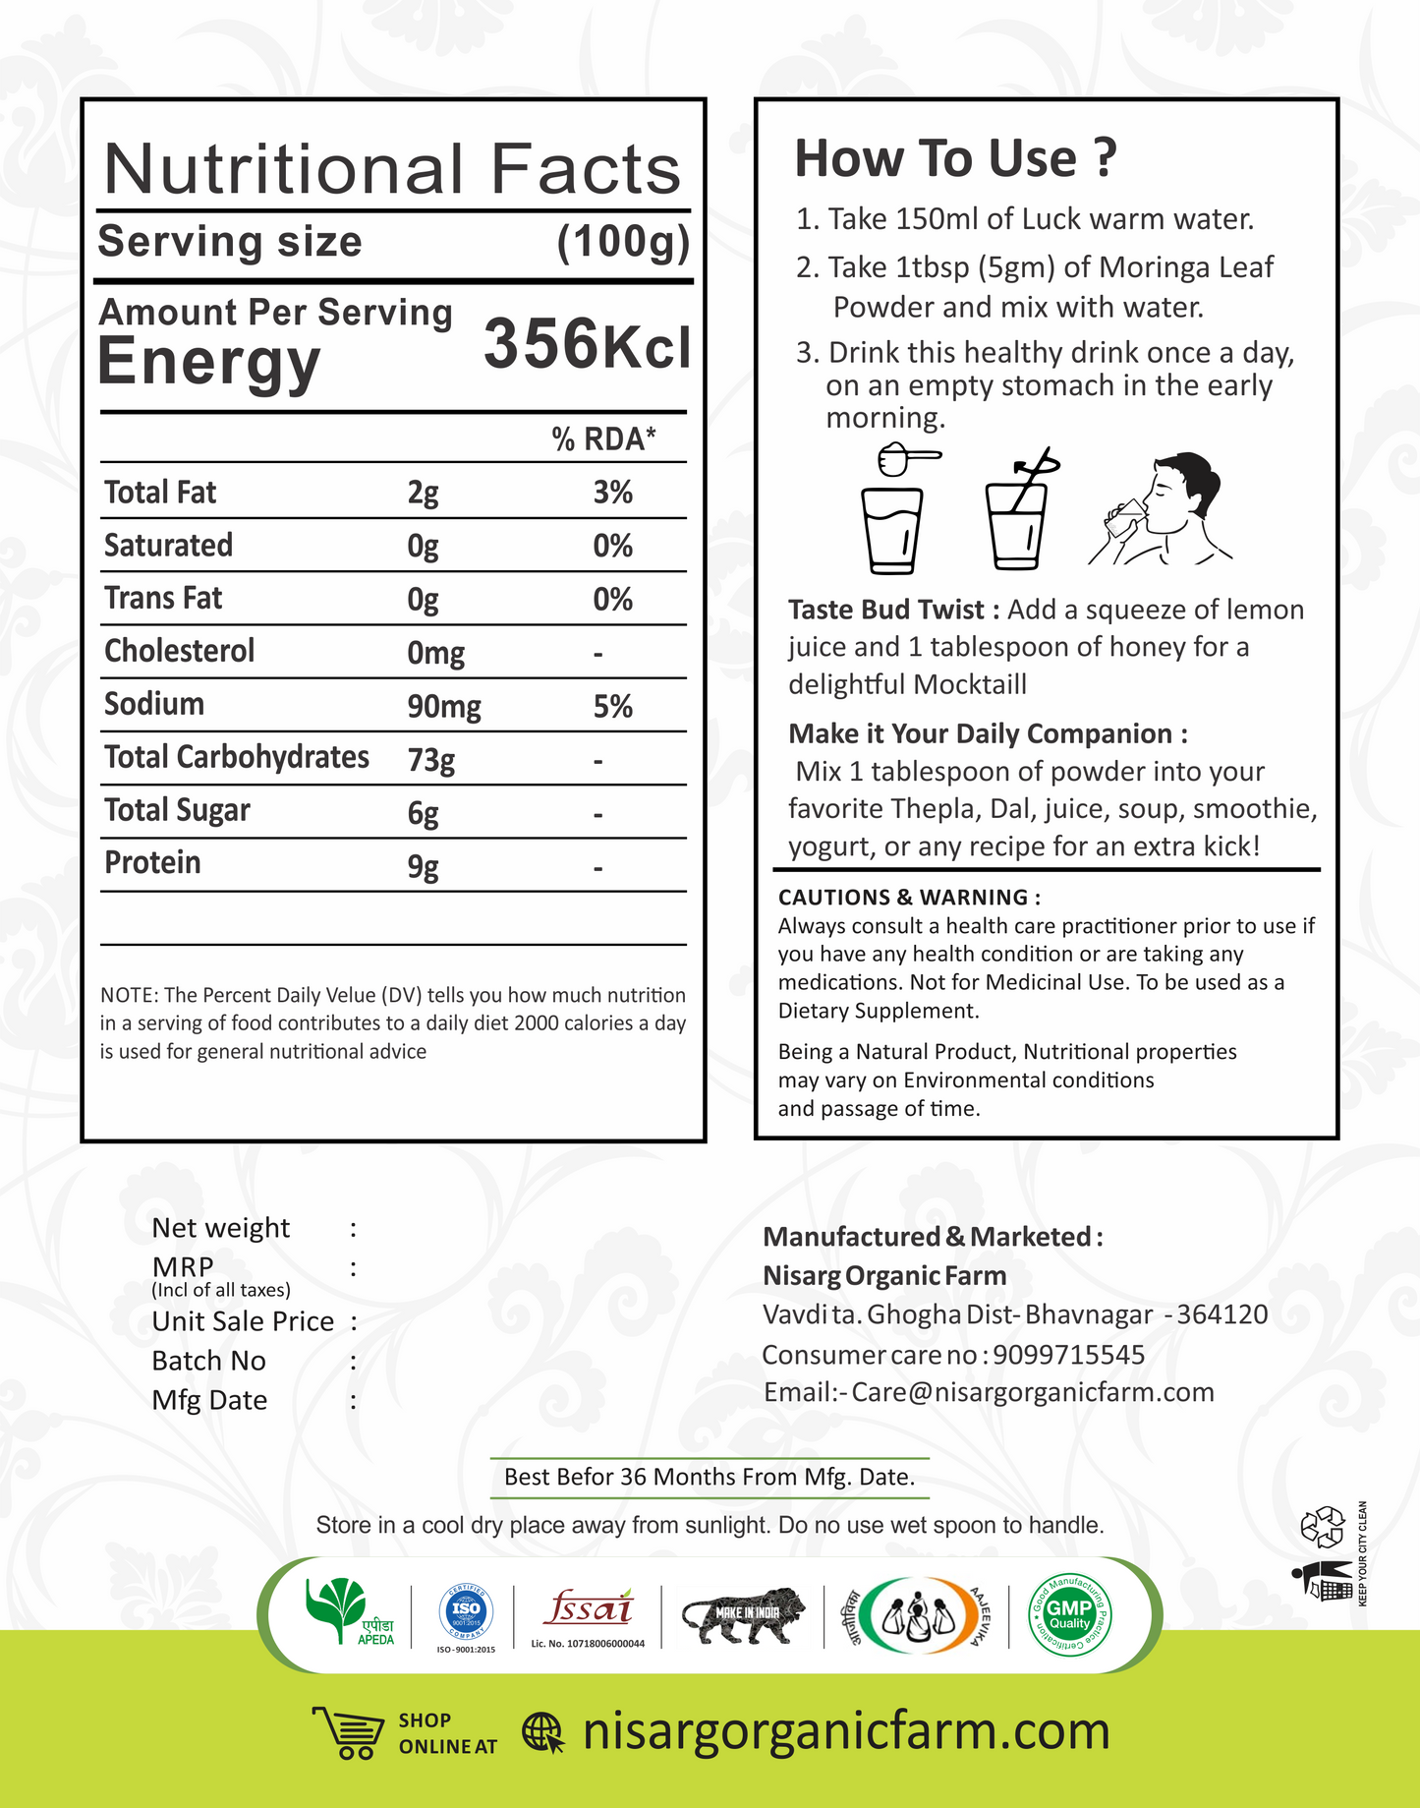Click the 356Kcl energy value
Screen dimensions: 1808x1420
click(587, 344)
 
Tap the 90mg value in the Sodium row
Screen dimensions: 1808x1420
click(443, 707)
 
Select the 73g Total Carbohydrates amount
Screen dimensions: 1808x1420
click(430, 760)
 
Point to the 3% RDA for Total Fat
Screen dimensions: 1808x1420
click(612, 493)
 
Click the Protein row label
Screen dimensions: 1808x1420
click(152, 863)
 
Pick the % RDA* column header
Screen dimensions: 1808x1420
click(602, 438)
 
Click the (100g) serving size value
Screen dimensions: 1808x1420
click(623, 242)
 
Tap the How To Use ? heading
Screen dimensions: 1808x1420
click(955, 158)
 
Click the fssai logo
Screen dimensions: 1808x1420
click(588, 1609)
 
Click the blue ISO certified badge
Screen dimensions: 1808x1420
click(466, 1610)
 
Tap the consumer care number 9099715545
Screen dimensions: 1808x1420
click(1068, 1355)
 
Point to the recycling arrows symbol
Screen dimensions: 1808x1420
click(1322, 1527)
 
